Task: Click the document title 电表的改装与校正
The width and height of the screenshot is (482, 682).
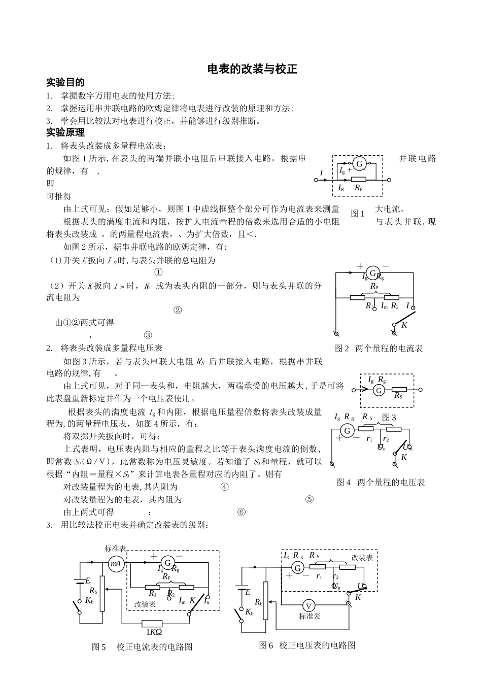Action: [x=252, y=70]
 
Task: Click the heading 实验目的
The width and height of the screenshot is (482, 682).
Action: [x=65, y=82]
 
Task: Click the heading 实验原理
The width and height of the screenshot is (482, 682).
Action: [x=65, y=133]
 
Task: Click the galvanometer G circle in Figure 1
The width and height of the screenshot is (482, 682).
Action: [x=359, y=163]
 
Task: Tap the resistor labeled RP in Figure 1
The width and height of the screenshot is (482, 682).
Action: [x=358, y=180]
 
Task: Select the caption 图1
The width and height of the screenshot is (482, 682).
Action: [x=358, y=214]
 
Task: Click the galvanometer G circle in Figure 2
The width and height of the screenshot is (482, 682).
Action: [x=373, y=274]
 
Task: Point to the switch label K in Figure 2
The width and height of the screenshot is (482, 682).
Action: [x=404, y=325]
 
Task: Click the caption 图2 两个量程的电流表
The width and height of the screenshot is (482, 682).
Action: [x=378, y=349]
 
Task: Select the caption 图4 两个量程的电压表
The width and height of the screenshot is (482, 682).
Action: [x=381, y=482]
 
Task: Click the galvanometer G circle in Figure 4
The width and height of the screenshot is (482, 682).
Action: [x=348, y=431]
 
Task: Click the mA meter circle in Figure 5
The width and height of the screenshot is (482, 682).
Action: [x=116, y=564]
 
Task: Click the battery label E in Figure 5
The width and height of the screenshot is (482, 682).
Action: [x=88, y=581]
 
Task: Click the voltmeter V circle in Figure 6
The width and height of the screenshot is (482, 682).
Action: [x=309, y=605]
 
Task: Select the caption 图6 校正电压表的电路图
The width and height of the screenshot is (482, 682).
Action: [x=307, y=645]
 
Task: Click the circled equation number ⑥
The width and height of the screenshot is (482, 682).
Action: [x=242, y=513]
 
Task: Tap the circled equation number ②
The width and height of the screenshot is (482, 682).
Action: [x=178, y=310]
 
